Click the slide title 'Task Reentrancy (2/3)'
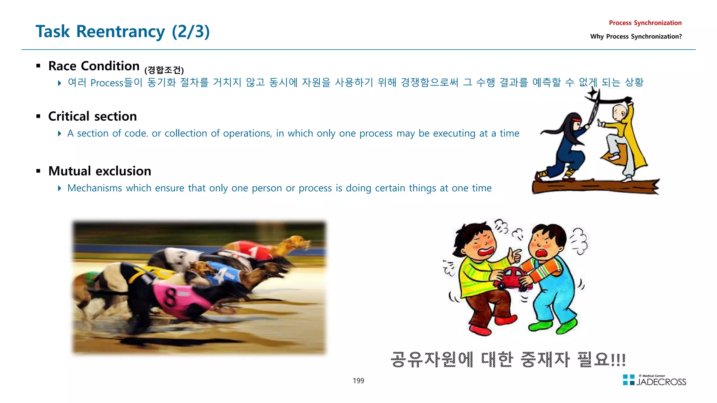point(123,31)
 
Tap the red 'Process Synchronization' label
point(645,23)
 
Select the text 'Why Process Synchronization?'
point(636,36)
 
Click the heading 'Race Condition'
point(94,66)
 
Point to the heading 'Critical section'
point(92,116)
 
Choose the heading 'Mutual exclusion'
point(100,171)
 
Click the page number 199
point(358,381)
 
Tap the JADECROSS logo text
point(661,382)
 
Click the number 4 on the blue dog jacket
point(221,276)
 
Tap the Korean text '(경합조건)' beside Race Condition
point(164,70)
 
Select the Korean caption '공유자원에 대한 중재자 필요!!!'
point(508,359)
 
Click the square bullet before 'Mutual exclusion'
point(39,171)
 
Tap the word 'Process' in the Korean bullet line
point(107,83)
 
